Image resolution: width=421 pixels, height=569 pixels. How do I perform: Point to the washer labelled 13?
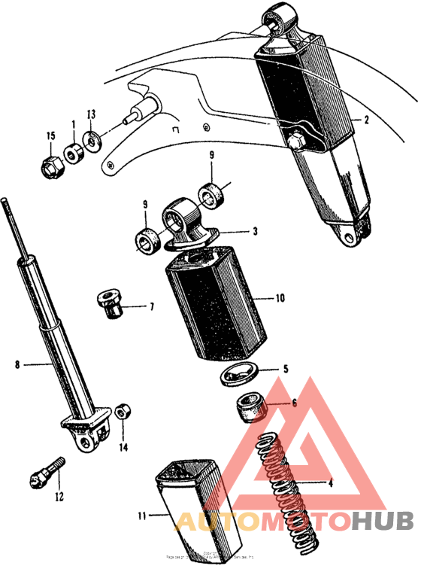(92, 140)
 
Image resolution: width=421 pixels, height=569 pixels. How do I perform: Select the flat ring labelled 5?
(241, 373)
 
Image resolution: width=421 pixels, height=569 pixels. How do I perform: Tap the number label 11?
(143, 516)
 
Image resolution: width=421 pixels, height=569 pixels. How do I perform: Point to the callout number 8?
(17, 366)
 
